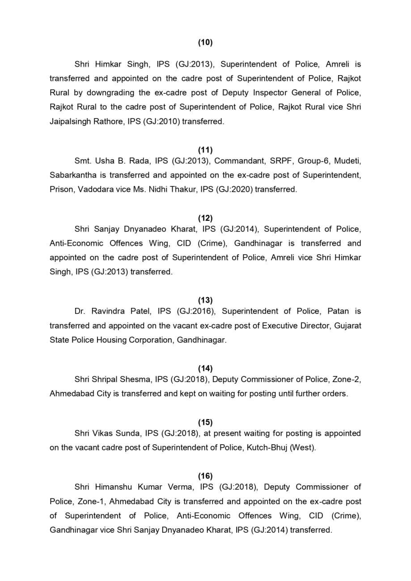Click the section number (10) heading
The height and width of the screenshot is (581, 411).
(205, 42)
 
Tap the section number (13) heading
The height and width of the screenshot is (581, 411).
(205, 300)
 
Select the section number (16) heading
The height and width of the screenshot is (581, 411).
(205, 476)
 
